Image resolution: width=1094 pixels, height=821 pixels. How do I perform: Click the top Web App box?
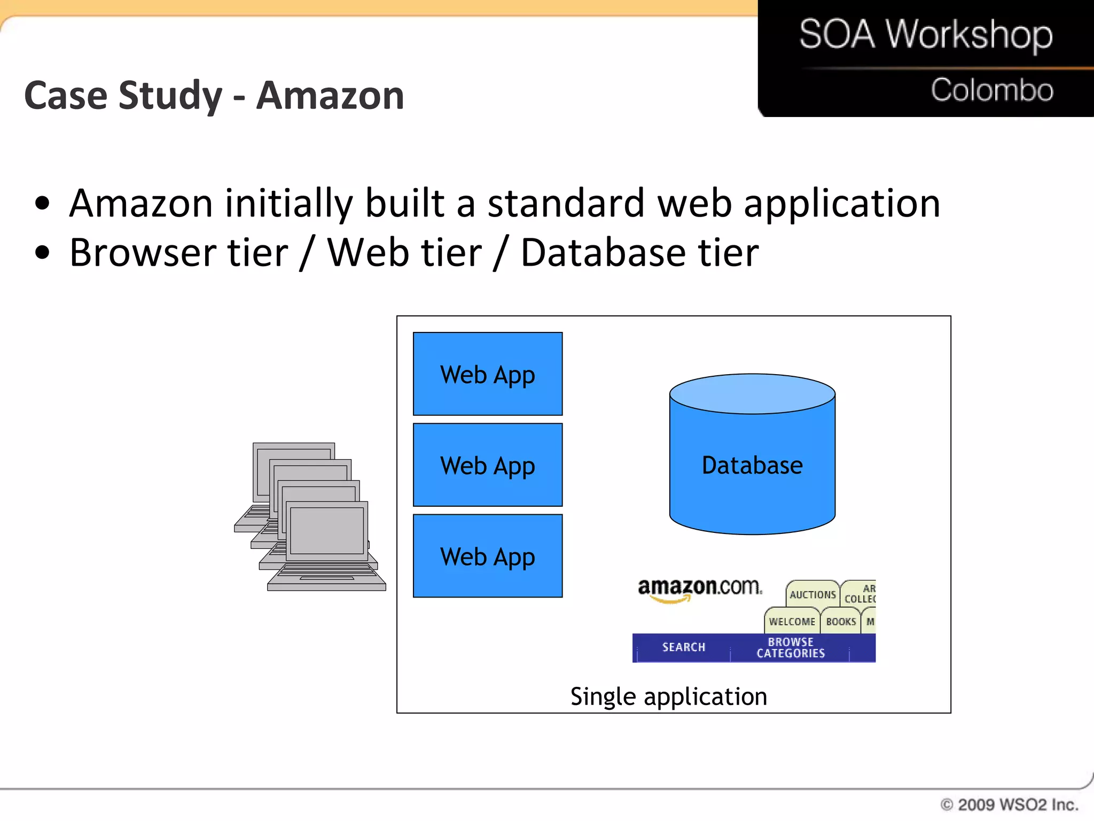click(x=487, y=374)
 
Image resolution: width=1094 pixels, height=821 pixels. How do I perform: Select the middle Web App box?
click(x=487, y=464)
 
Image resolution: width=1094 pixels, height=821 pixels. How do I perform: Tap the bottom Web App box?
click(x=487, y=555)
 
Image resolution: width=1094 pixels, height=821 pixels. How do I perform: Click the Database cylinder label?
click(x=752, y=465)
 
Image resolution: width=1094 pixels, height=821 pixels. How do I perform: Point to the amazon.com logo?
click(x=700, y=588)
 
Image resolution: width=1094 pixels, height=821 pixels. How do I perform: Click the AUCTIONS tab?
click(x=812, y=594)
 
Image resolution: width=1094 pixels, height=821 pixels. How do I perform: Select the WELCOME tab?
click(x=792, y=622)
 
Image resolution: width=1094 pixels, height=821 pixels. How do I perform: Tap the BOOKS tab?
click(x=841, y=622)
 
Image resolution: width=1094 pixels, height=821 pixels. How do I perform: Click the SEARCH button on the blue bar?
click(x=683, y=647)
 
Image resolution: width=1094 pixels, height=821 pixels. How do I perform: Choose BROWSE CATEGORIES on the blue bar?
click(x=791, y=647)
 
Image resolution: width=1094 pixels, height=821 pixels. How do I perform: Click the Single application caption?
click(x=668, y=696)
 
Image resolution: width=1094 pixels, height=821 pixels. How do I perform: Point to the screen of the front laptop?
click(x=326, y=531)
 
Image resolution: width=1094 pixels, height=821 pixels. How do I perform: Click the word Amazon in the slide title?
click(x=330, y=96)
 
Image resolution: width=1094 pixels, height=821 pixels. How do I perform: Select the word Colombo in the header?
click(x=991, y=90)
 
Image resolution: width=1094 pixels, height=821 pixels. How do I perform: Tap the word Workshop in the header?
click(x=969, y=35)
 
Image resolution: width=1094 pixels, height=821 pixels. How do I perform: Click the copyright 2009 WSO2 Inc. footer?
click(x=1009, y=804)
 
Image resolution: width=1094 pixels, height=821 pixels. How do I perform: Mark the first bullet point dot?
click(x=42, y=204)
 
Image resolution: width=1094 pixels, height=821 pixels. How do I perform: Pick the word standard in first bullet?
click(x=566, y=204)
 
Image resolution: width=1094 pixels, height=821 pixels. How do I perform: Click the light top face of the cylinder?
click(x=752, y=394)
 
